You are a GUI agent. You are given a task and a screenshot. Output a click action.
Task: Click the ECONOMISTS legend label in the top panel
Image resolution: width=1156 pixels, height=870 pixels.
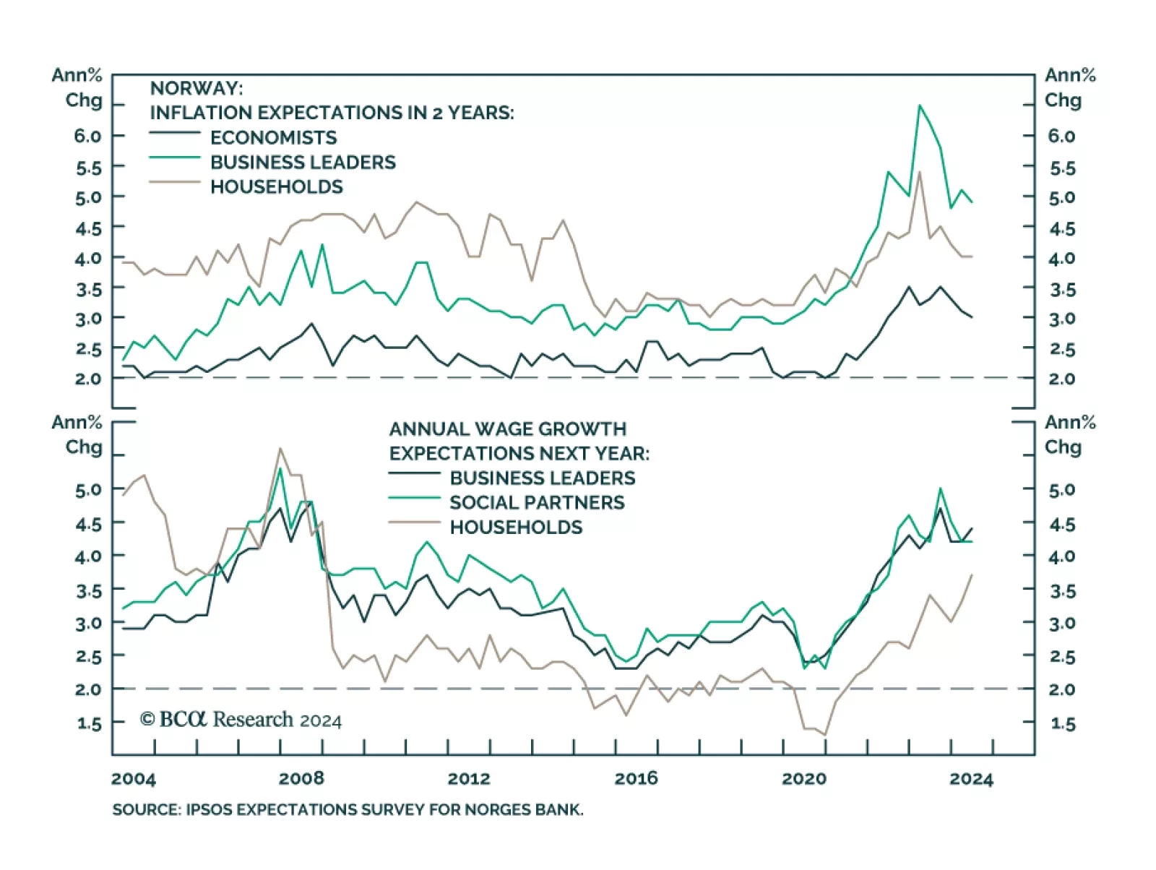273,137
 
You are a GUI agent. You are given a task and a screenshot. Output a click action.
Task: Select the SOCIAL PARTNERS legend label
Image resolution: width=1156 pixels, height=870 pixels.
537,502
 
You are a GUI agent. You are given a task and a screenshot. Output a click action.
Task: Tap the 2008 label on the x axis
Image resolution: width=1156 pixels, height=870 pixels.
301,778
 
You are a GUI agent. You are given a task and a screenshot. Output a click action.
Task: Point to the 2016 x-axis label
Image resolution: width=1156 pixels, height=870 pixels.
636,778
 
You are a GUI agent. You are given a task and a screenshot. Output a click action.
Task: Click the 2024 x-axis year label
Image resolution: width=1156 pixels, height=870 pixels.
971,778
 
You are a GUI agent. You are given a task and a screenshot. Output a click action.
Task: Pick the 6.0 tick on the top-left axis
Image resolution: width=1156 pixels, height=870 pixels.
87,136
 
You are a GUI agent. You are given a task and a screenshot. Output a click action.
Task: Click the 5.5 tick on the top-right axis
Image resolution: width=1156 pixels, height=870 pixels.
1061,168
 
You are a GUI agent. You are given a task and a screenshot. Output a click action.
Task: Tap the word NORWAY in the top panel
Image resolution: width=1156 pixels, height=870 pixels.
196,88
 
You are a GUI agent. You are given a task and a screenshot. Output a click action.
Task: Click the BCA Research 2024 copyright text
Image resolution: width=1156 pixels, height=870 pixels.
241,720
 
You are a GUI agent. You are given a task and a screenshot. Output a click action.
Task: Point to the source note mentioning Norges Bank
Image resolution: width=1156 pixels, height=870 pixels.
348,809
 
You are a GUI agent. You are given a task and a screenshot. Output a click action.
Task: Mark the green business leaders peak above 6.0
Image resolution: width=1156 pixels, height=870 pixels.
919,105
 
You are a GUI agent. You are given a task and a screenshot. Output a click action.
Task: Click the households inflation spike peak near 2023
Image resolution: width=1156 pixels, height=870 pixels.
919,172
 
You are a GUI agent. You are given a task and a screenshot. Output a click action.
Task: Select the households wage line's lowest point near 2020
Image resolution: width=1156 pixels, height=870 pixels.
824,735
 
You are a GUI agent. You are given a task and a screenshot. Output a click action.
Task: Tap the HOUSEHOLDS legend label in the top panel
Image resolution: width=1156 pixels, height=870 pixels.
276,186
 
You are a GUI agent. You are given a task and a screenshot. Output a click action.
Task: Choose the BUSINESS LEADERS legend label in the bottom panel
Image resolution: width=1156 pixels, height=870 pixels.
542,478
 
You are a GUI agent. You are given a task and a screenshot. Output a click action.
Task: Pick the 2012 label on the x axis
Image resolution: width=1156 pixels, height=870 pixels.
469,778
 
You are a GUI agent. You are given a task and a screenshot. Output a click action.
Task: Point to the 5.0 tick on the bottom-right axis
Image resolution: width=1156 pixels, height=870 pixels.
1061,490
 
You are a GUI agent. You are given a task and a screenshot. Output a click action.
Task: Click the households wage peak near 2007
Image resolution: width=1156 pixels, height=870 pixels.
280,448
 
